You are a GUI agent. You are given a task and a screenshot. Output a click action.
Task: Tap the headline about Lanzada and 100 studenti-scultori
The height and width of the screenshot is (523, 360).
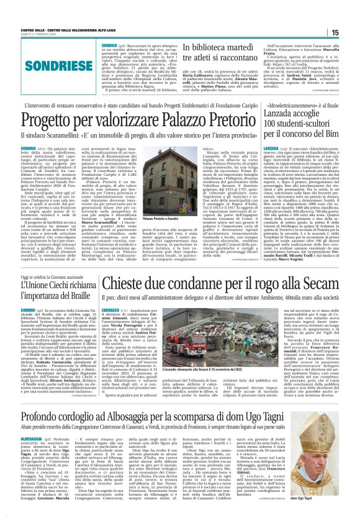pos(301,119)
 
